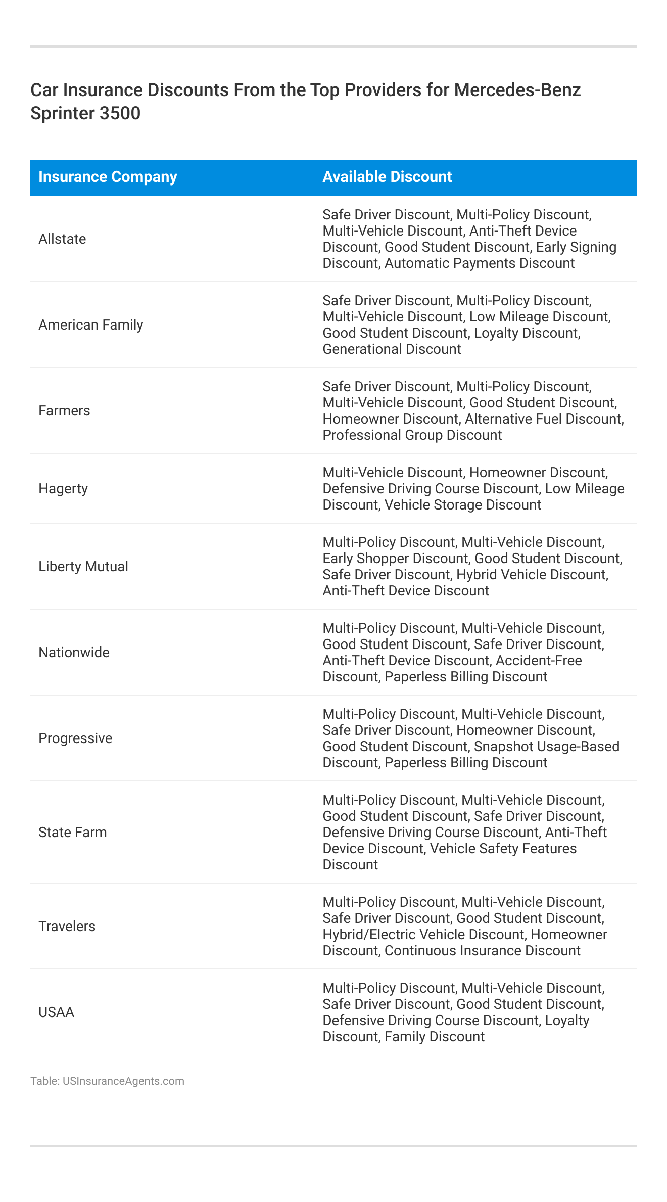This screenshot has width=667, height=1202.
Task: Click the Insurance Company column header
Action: click(x=108, y=177)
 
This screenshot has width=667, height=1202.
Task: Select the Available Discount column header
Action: click(x=387, y=177)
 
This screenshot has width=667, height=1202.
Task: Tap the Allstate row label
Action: click(x=62, y=239)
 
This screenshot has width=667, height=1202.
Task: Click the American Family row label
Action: click(x=91, y=325)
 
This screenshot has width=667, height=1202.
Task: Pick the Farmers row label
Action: click(x=64, y=411)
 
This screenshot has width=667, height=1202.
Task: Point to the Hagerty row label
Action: click(x=63, y=489)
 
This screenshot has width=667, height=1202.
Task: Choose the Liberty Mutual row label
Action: click(x=83, y=567)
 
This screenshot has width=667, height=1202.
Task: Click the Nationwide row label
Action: click(x=74, y=653)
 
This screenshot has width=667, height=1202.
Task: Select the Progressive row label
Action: click(x=75, y=738)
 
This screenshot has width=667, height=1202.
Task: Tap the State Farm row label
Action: click(x=73, y=833)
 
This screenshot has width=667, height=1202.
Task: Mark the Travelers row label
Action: click(x=67, y=927)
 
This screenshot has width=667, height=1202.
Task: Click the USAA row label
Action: click(x=56, y=1012)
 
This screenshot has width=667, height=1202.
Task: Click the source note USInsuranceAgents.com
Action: click(x=123, y=1081)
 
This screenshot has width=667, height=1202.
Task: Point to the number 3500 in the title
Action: click(x=120, y=113)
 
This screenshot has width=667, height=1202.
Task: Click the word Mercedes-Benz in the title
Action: click(x=517, y=90)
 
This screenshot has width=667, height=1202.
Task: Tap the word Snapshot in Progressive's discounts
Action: click(x=502, y=747)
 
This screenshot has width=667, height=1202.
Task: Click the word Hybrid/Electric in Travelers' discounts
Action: click(x=372, y=935)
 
